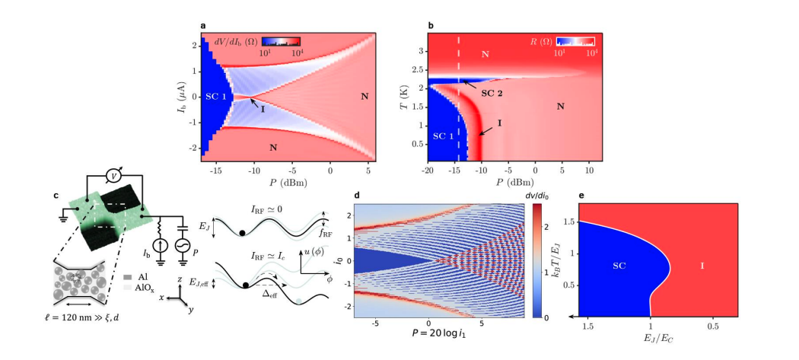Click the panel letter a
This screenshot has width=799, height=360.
203,26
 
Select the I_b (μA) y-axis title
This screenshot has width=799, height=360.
177,97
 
